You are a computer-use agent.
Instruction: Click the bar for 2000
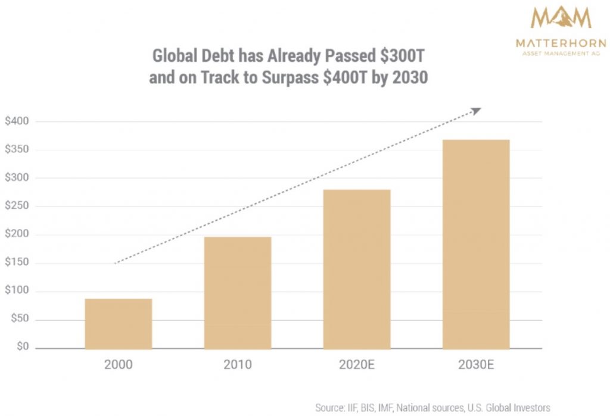pyautogui.click(x=119, y=324)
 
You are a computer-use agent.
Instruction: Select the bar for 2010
pyautogui.click(x=238, y=293)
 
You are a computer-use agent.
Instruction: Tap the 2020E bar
pyautogui.click(x=357, y=269)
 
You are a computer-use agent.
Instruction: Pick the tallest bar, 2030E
pyautogui.click(x=476, y=244)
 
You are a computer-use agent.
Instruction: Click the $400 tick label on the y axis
pyautogui.click(x=17, y=121)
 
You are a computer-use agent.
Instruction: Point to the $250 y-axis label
pyautogui.click(x=17, y=206)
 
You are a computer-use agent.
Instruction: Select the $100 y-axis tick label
pyautogui.click(x=17, y=291)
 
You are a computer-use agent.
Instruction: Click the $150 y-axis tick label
pyautogui.click(x=17, y=263)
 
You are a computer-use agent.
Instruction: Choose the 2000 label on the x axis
pyautogui.click(x=119, y=365)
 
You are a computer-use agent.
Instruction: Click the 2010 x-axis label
pyautogui.click(x=238, y=365)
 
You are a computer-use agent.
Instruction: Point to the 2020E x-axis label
pyautogui.click(x=357, y=365)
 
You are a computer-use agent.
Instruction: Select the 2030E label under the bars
pyautogui.click(x=476, y=365)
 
